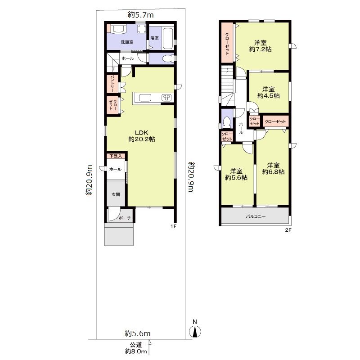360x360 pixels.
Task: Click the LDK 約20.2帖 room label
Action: coord(142,136)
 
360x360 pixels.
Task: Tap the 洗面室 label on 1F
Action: coord(127,42)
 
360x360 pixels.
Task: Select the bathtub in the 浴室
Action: coord(167,39)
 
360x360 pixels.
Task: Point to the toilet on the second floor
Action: coord(227,122)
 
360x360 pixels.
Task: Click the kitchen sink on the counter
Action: coord(145,98)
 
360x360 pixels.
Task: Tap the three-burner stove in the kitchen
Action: coord(166,98)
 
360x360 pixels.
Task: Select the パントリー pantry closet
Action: coord(112,84)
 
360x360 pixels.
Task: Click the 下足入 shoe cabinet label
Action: coord(116,156)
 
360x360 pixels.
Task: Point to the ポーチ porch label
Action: coord(125,218)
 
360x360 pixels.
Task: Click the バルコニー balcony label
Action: coord(256,216)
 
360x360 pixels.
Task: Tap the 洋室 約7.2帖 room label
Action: coord(261,46)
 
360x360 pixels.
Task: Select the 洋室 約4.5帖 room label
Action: coord(268,92)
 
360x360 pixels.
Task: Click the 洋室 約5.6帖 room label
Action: coord(236,174)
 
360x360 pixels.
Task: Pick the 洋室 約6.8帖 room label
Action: coord(273,168)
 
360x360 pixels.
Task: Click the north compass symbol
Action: coord(195,329)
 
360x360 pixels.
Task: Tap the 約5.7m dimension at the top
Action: coord(141,15)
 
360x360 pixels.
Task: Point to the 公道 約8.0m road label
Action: coord(136,348)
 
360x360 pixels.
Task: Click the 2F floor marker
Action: coord(288,230)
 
